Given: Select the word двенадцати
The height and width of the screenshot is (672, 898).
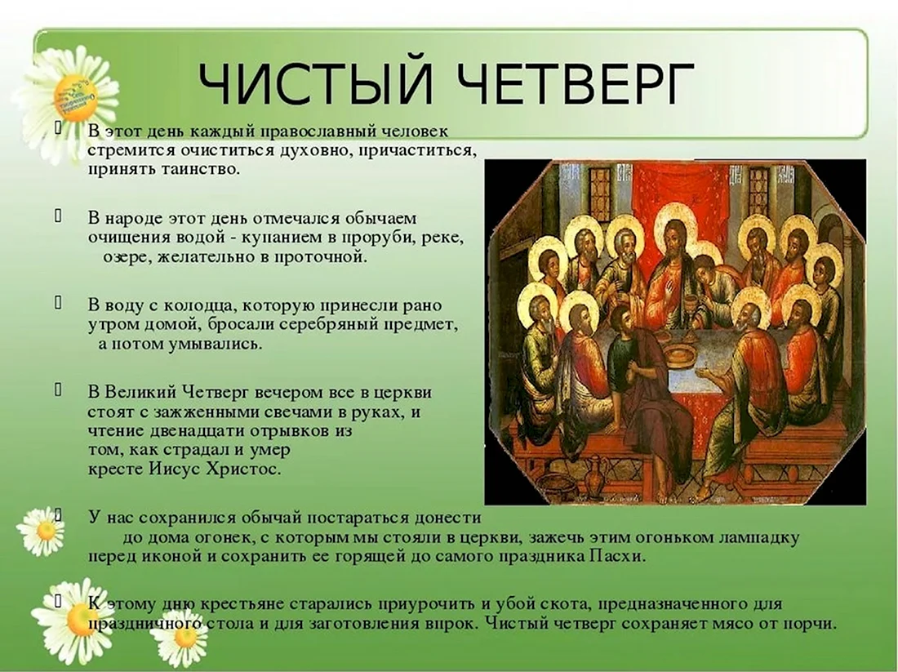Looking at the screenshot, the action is tap(183, 430).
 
